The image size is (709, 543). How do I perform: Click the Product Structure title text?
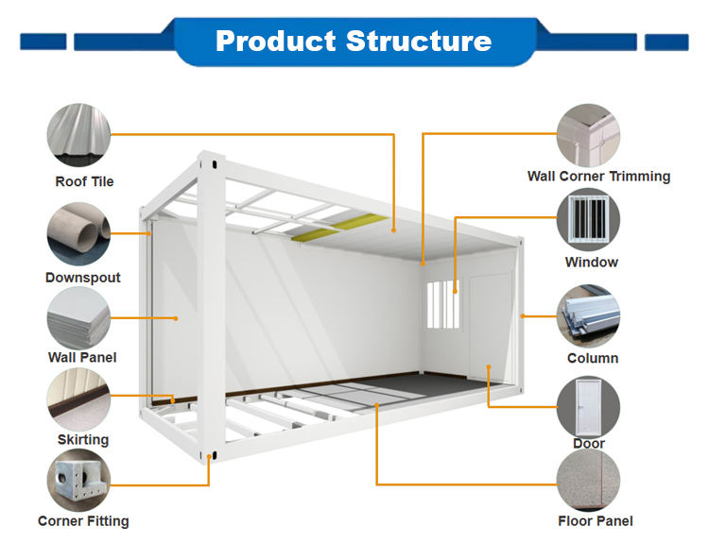[x=354, y=42]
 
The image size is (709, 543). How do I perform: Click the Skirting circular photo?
[x=79, y=399]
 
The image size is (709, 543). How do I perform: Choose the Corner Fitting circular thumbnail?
[x=79, y=481]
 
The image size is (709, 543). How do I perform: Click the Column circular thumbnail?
[x=588, y=316]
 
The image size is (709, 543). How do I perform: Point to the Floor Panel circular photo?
[x=588, y=481]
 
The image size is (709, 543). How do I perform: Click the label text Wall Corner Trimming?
[x=598, y=176]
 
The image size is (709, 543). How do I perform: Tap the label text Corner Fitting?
[x=83, y=521]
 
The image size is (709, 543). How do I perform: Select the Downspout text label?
[x=83, y=278]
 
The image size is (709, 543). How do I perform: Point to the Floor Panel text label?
[x=596, y=521]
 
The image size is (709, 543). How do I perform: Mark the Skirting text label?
[x=83, y=440]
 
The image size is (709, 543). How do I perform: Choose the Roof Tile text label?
[x=84, y=181]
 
